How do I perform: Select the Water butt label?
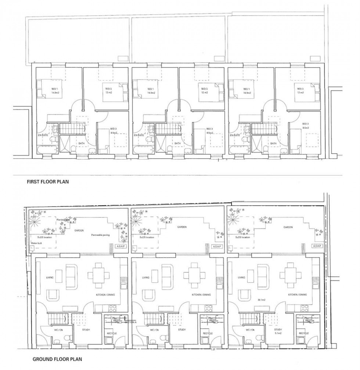click(37, 243)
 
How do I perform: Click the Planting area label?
click(63, 219)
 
